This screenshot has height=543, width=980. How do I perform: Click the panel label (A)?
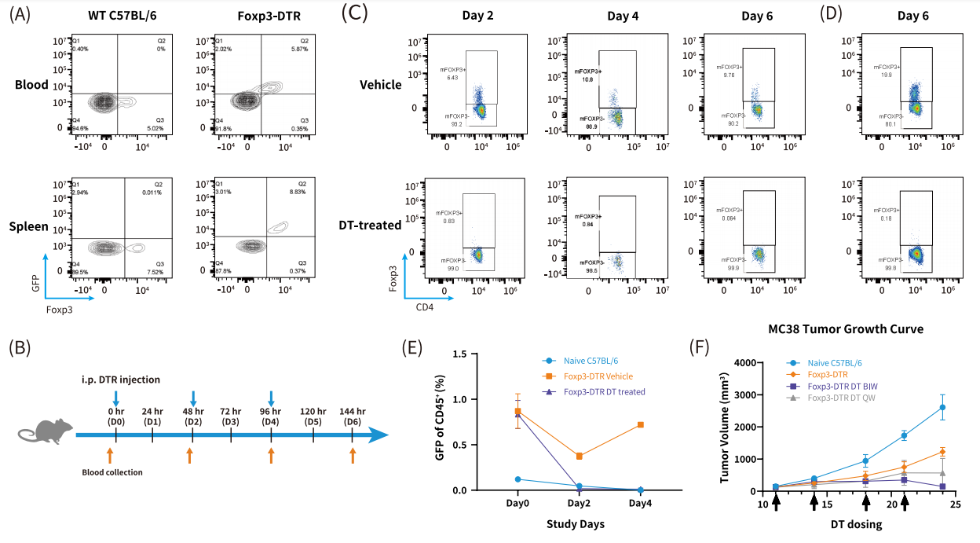tap(19, 15)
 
